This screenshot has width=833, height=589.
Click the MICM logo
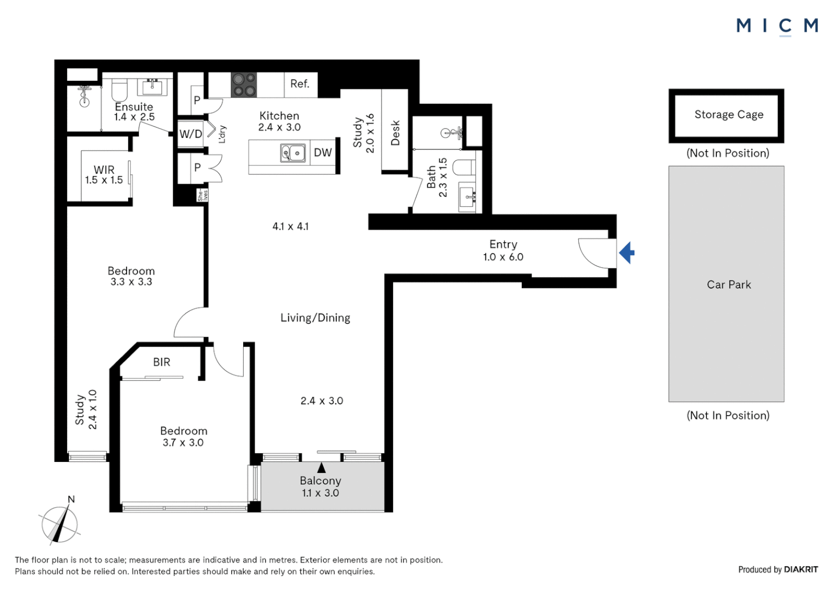coord(777,26)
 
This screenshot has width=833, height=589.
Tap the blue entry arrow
coord(627,253)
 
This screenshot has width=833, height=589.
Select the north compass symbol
coord(59,524)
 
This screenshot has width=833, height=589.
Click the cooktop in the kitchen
coord(244,85)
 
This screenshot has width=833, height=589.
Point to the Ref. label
coord(300,84)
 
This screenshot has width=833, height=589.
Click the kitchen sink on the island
coord(293,153)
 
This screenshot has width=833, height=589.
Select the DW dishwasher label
coord(323,153)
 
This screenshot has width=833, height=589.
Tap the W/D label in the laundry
coord(191,134)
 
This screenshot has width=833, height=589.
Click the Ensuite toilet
coord(119,89)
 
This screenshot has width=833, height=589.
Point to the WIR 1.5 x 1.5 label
coord(104,175)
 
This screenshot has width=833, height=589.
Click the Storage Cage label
coord(728,115)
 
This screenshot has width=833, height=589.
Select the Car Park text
coord(728,285)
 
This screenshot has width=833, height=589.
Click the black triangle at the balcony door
coord(322,468)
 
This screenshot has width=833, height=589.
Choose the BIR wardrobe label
coord(161,362)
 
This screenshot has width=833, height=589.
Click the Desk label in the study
coord(395,133)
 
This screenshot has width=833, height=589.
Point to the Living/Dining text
coord(315,318)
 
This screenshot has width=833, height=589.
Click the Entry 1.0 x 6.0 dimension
coord(503,257)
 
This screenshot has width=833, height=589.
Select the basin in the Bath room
coord(467,196)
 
